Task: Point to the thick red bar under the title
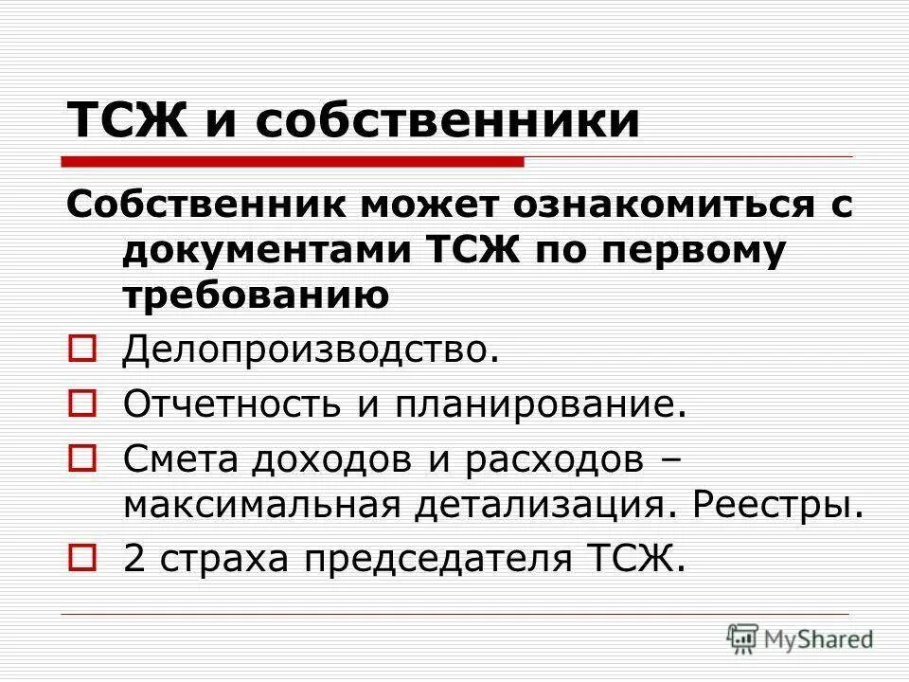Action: [x=294, y=161]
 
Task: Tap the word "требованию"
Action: [x=257, y=296]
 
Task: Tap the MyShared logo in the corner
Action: [x=800, y=638]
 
